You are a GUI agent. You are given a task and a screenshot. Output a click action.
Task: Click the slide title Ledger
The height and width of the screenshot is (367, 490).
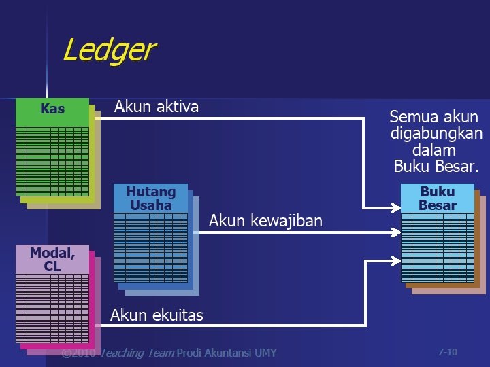tap(109, 50)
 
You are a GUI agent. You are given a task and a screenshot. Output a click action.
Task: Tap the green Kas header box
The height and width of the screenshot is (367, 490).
tap(52, 109)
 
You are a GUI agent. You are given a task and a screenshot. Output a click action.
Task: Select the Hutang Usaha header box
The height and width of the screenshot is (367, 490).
tap(151, 198)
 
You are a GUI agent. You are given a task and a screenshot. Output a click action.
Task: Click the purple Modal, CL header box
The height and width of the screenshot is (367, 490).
tap(52, 260)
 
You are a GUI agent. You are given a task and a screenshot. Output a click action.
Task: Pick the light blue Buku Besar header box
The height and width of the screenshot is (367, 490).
tap(437, 198)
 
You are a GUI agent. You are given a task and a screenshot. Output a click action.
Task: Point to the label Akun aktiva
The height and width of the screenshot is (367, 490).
tap(157, 107)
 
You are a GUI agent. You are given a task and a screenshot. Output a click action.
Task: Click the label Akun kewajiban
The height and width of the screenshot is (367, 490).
tap(265, 221)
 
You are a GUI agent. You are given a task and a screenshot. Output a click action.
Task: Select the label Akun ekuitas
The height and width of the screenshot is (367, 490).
tap(157, 315)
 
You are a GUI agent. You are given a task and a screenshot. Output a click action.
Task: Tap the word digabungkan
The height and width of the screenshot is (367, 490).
tap(436, 133)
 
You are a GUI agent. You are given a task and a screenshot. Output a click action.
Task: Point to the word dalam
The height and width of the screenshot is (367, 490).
tap(434, 150)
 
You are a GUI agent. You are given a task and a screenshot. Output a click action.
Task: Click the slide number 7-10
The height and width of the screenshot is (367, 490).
tap(447, 352)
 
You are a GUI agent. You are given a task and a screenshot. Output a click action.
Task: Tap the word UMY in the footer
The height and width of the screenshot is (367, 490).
tap(265, 353)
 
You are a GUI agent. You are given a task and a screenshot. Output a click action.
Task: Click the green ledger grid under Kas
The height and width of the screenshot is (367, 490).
tap(52, 161)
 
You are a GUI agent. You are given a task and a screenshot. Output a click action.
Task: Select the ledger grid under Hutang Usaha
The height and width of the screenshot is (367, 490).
tap(151, 247)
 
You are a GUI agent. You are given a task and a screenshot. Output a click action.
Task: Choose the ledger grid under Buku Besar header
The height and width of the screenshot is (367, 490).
tap(437, 247)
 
